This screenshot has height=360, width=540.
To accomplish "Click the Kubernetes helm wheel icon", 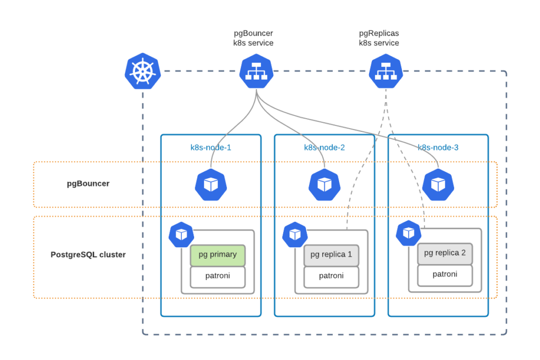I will click(x=142, y=71).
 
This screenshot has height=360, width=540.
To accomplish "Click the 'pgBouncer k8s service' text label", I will click(x=253, y=38).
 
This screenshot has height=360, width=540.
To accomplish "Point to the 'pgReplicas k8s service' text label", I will click(x=379, y=38).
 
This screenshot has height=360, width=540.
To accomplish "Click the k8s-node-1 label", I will click(x=210, y=148).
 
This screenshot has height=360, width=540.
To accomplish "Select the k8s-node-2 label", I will click(x=324, y=148).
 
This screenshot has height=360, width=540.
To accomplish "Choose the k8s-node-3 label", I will click(x=438, y=148).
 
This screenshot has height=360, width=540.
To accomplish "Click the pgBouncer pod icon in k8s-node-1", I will click(x=211, y=184).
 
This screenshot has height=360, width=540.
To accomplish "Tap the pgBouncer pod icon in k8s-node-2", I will click(x=324, y=184).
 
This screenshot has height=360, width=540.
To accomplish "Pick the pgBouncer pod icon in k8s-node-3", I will click(x=438, y=184).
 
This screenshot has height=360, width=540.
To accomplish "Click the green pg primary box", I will click(x=218, y=255).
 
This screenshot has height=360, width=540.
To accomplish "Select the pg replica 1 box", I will click(x=331, y=255).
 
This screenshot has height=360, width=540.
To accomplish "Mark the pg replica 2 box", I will click(x=445, y=254).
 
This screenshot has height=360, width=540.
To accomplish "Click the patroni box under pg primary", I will click(x=218, y=276).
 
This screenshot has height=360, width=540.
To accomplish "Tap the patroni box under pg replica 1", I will click(x=331, y=276).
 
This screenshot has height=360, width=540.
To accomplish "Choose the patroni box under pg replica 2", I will click(x=445, y=275).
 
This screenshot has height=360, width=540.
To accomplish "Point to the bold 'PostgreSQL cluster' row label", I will click(x=88, y=255).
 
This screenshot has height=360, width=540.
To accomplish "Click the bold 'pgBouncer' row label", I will click(x=88, y=184).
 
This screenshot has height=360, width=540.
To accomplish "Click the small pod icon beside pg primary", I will click(x=181, y=235).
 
